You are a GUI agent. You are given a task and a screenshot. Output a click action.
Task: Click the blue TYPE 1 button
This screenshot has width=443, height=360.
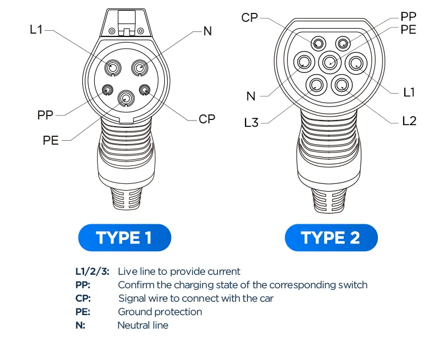coord(124,238)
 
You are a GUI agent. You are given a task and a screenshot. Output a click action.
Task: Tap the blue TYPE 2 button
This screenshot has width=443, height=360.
coord(331,238)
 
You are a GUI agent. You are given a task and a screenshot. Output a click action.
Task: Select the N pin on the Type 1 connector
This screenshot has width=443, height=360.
coord(139,68)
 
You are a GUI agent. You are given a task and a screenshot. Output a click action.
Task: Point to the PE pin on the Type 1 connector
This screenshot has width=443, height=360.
coord(126,99)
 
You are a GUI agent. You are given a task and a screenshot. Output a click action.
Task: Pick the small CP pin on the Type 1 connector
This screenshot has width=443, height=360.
coord(145,89)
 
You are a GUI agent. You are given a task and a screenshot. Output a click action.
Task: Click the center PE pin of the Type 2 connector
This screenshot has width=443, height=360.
coord(329,62)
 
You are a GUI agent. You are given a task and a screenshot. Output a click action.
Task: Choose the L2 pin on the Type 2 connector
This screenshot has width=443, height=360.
coord(342,85)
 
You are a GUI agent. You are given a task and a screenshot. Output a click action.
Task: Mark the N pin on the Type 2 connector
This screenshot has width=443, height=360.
coord(304,62)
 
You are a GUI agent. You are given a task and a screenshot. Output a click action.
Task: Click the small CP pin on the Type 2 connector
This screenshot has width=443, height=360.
coord(318,43)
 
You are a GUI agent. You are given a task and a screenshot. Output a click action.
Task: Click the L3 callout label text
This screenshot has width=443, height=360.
coord(251,122)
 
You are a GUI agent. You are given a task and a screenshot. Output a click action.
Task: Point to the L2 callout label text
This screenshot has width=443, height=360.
coord(409,121)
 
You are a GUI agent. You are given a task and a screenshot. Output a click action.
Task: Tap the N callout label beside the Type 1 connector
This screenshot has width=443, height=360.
coord(207,31)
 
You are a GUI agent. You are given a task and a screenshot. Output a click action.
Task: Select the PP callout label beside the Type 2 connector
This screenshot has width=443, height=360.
coord(408,16)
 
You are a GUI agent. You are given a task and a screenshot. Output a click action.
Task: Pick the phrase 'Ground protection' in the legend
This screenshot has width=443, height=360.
coord(160,312)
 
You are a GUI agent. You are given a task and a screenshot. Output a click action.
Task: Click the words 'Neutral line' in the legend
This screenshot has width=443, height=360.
coord(142,325)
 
